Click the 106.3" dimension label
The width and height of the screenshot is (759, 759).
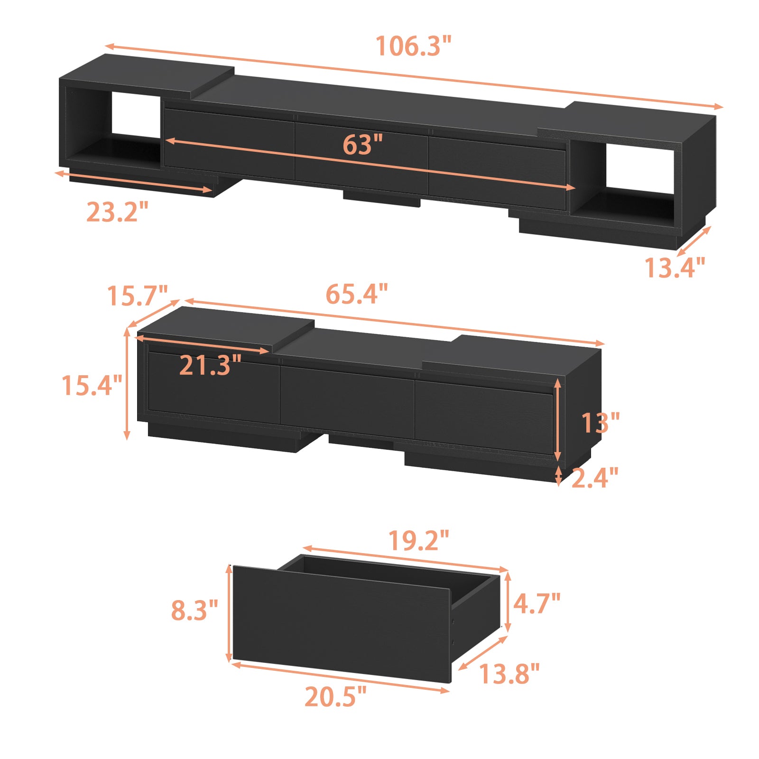(x=413, y=46)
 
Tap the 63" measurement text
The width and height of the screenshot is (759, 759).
(x=362, y=145)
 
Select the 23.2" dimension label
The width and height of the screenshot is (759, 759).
(x=117, y=212)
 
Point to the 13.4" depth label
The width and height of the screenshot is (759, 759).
(x=675, y=268)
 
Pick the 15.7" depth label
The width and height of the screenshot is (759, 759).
(x=138, y=296)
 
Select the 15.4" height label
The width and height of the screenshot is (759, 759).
(x=92, y=385)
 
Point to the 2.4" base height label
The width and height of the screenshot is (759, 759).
(x=595, y=478)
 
